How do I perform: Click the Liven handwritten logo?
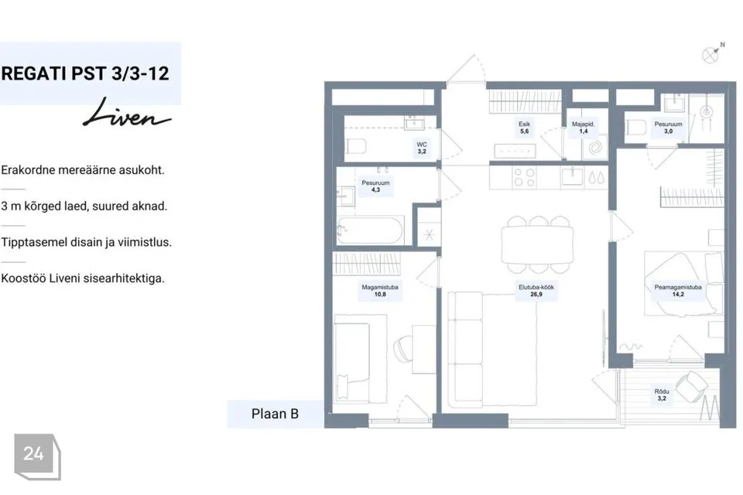click(x=126, y=114)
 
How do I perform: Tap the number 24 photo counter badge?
click(x=37, y=456)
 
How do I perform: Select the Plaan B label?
click(x=275, y=414)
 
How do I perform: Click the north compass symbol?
click(x=712, y=53)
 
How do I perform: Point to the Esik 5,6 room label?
click(x=524, y=128)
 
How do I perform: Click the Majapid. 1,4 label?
click(x=583, y=128)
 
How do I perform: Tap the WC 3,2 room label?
click(x=422, y=148)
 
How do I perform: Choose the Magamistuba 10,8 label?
click(x=380, y=290)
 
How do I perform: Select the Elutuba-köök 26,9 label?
click(x=536, y=290)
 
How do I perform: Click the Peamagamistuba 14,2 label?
click(x=678, y=290)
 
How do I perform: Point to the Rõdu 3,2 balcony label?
click(x=662, y=394)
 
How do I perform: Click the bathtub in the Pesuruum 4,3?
click(x=370, y=230)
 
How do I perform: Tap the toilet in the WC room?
click(x=355, y=146)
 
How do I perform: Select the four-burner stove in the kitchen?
click(x=525, y=178)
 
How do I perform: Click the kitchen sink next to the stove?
click(x=573, y=176)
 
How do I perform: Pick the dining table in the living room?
click(x=537, y=245)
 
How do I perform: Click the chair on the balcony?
click(x=692, y=386)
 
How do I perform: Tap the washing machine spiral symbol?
click(x=594, y=148)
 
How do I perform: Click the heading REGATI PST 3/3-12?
click(x=85, y=73)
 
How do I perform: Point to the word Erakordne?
click(x=28, y=169)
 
